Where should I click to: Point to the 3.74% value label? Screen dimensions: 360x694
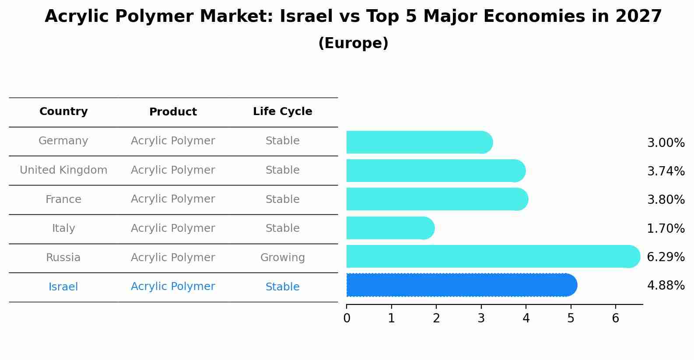pos(666,171)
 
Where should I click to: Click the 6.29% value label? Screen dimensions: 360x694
pos(666,257)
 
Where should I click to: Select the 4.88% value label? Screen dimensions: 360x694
pos(666,286)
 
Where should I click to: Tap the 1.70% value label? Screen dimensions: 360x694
pos(666,228)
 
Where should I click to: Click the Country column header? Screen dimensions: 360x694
pos(63,112)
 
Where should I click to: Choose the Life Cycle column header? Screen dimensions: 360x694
pos(282,112)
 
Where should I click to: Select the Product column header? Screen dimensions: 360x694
pos(173,112)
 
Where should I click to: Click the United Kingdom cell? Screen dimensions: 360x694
pos(63,170)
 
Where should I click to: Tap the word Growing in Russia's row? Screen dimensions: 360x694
pos(282,258)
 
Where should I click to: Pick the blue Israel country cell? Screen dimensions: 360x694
pos(63,287)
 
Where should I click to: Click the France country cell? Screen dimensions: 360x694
pos(63,199)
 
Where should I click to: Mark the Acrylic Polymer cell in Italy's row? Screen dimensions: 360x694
pos(173,228)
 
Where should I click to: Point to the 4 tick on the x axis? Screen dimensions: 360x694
pos(526,318)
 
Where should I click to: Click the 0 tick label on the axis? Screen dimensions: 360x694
pos(347,318)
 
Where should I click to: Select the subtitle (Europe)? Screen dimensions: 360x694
pos(353,43)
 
